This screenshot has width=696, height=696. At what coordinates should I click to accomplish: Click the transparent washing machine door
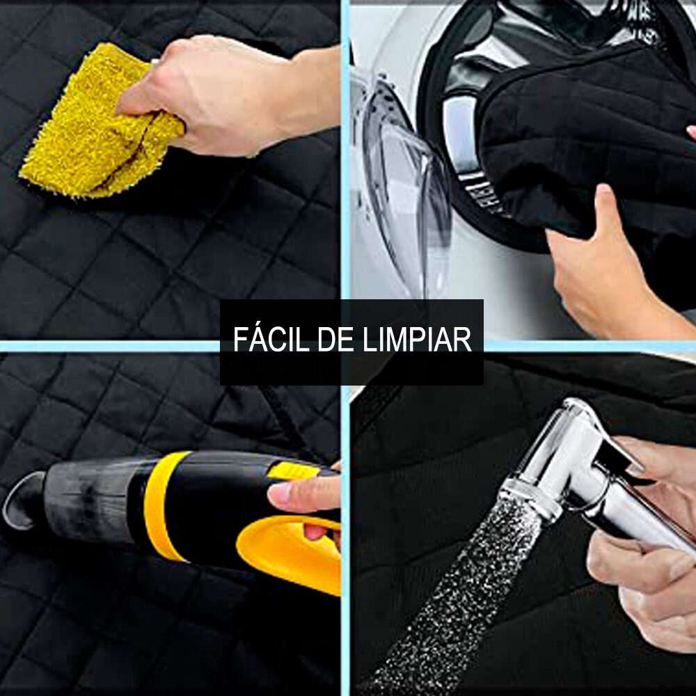pyautogui.click(x=404, y=188)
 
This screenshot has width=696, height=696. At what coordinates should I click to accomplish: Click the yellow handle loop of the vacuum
pyautogui.click(x=292, y=550)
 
